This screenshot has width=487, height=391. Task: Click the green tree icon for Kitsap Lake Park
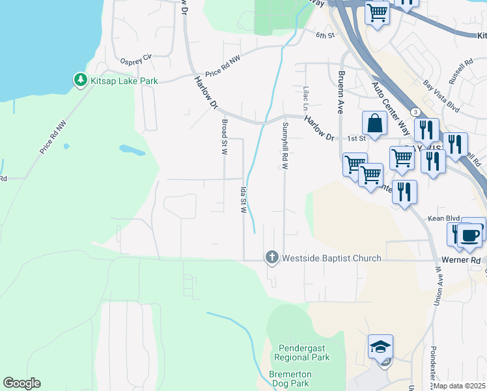point(80,80)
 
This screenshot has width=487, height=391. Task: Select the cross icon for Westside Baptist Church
point(271,258)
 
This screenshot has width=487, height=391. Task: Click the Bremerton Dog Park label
point(290,379)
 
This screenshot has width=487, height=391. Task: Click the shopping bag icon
point(375,123)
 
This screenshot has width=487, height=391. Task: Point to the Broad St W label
point(224,137)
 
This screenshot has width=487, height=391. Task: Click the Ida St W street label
point(244,201)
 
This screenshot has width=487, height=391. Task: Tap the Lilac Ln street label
point(305,97)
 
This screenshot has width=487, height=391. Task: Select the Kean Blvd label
point(439,218)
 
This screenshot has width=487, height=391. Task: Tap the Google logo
point(21,383)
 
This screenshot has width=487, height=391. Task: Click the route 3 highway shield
point(415,113)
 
